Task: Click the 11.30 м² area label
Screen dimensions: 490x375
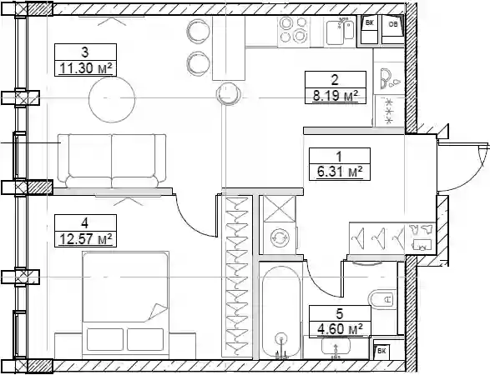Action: (x=85, y=68)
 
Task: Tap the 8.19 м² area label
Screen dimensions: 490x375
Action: (x=336, y=96)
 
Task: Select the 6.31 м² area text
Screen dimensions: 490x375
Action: (x=340, y=172)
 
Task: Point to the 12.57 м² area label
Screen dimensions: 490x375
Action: (x=85, y=239)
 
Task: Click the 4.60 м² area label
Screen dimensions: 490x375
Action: (x=340, y=329)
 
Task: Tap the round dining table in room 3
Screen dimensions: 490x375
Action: (x=112, y=98)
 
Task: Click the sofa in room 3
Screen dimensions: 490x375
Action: (x=112, y=161)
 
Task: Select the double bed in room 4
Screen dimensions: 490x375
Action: (x=125, y=305)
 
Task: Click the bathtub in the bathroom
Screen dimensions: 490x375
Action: (x=281, y=312)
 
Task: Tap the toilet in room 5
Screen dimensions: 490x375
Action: (x=381, y=300)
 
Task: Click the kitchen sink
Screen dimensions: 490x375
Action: (x=340, y=32)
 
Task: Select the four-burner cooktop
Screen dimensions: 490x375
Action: (x=294, y=30)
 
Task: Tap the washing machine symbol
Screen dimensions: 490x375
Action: (x=280, y=238)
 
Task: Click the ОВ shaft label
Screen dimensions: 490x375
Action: (x=393, y=23)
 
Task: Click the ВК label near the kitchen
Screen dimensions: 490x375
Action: (x=369, y=22)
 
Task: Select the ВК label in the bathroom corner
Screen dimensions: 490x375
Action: (x=381, y=351)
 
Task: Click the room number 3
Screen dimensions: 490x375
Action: (x=84, y=52)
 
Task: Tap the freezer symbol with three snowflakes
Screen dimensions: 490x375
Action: (x=389, y=111)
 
